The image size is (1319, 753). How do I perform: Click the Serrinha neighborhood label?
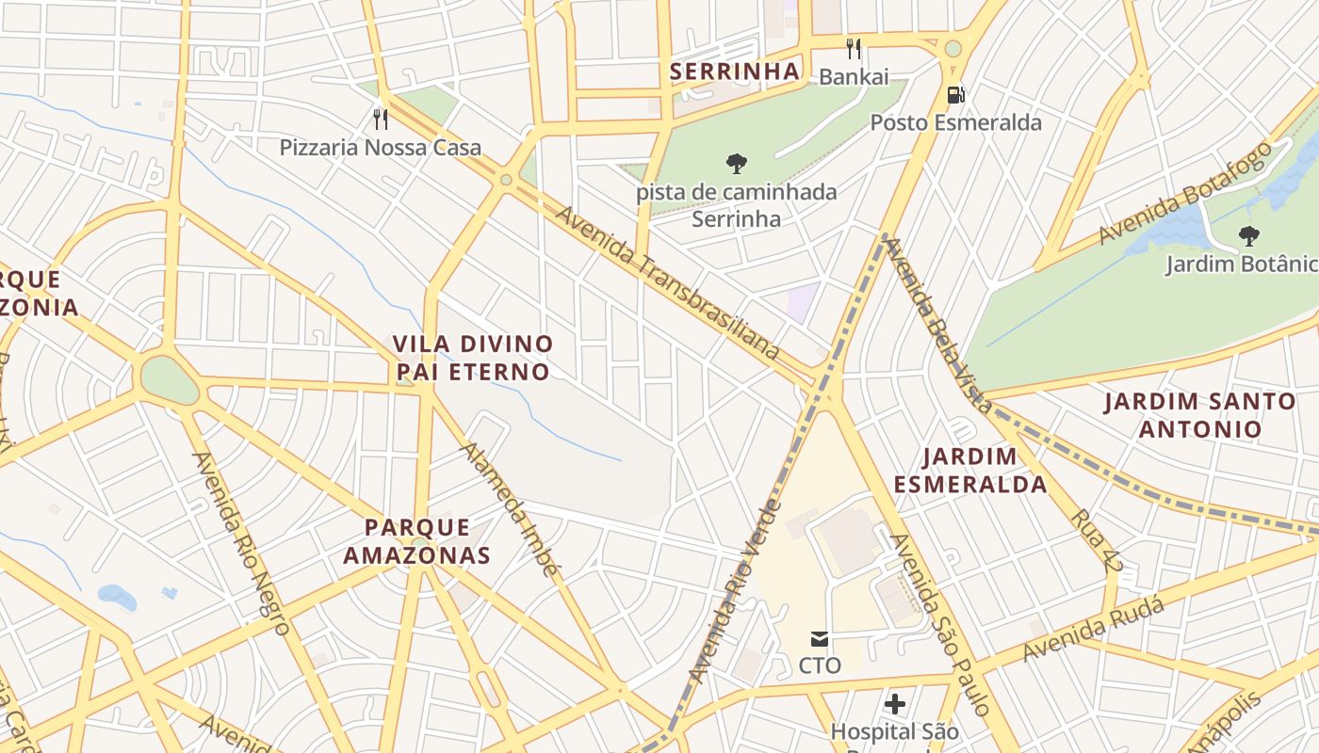(x=734, y=72)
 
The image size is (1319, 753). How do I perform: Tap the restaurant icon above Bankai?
(x=854, y=49)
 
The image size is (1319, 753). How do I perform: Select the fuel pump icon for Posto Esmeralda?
(x=955, y=94)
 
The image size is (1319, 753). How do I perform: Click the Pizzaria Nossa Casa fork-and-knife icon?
(x=381, y=119)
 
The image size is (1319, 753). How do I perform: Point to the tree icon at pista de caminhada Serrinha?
(x=737, y=164)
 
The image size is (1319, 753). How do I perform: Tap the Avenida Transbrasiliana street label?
(x=668, y=283)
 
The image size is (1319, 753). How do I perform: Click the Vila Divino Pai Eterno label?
(x=473, y=358)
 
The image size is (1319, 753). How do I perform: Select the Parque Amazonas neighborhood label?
(x=416, y=541)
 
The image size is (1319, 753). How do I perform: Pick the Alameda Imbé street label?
(x=509, y=507)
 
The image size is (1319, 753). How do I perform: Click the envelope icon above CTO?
(x=820, y=639)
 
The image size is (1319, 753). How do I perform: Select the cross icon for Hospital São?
(x=894, y=703)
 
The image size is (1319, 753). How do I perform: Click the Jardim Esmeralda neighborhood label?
(x=969, y=471)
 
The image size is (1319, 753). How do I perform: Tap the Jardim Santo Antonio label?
(x=1200, y=415)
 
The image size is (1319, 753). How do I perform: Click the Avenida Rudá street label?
(x=1093, y=629)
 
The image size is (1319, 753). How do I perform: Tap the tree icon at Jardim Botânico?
(x=1249, y=235)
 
